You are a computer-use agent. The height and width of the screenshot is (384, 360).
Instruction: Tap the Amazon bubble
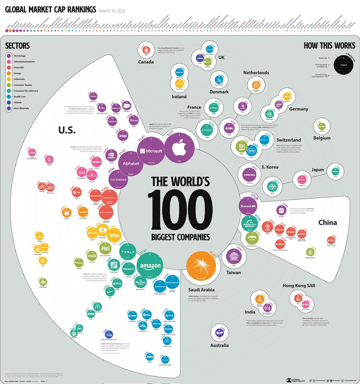150,266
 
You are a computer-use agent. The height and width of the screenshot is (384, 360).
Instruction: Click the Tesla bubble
128,252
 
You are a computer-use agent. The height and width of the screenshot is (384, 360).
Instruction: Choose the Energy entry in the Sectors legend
17,73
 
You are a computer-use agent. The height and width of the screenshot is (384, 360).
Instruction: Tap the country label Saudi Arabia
201,290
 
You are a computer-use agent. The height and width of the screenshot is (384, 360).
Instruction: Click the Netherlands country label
256,73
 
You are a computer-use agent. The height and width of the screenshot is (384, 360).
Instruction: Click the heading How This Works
329,45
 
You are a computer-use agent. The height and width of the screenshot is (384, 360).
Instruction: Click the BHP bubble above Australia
220,333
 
